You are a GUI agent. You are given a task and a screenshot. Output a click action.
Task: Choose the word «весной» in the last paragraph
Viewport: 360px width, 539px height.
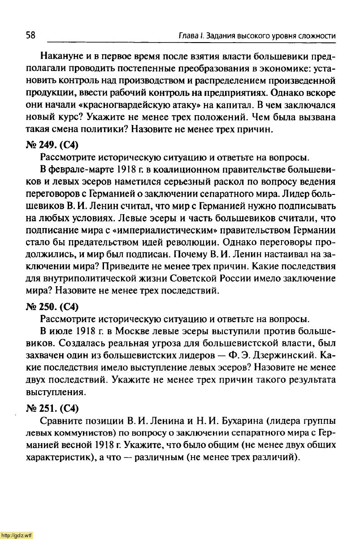pos(65,446)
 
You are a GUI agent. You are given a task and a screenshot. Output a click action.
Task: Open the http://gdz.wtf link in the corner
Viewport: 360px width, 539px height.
pos(17,535)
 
